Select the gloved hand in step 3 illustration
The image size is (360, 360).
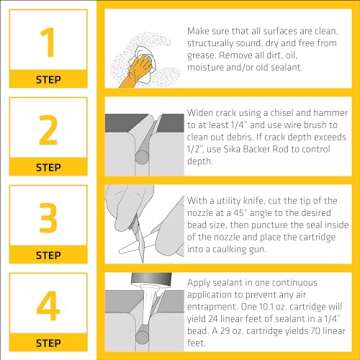[x=150, y=215]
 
